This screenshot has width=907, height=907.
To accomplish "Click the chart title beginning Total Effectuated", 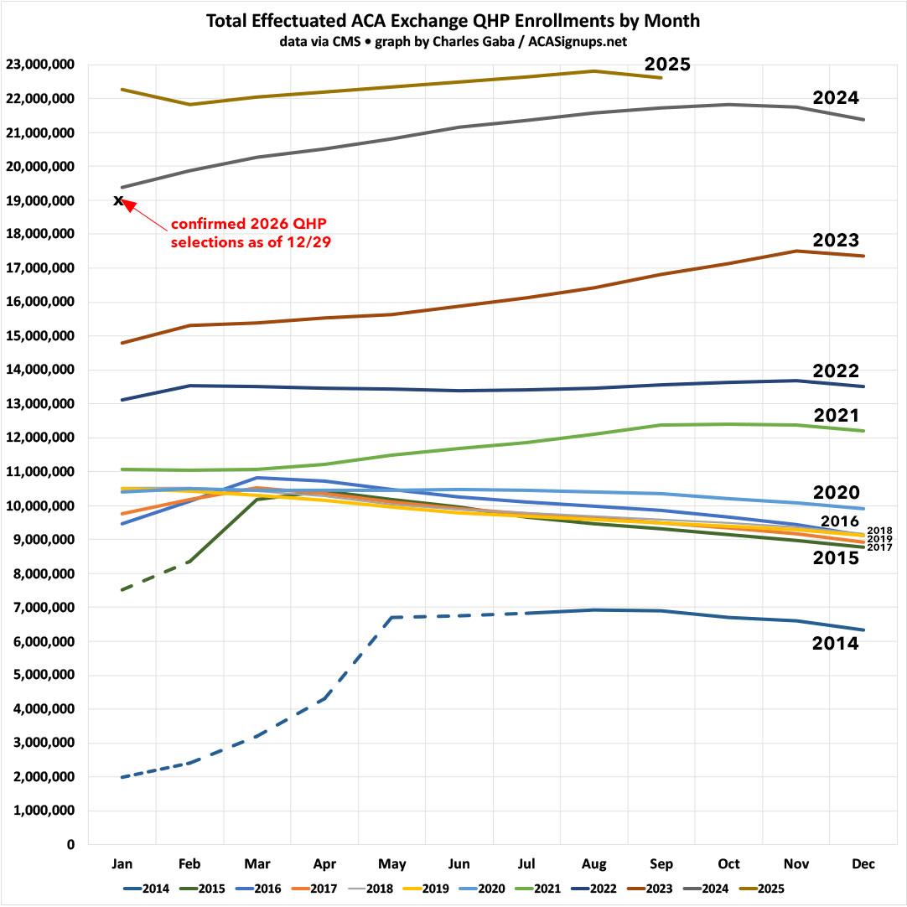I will [x=453, y=21].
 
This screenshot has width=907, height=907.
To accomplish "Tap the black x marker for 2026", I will [x=118, y=200].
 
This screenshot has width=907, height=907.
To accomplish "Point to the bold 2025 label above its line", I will [x=666, y=65].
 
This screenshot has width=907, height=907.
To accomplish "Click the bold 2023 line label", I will [x=836, y=241].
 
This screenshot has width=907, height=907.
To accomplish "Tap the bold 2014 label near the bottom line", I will [x=836, y=643].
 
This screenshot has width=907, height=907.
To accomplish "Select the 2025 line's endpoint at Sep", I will [x=661, y=78].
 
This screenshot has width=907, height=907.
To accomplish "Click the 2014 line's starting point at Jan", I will [x=122, y=777].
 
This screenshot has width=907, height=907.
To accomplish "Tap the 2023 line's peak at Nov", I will [x=796, y=251].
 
